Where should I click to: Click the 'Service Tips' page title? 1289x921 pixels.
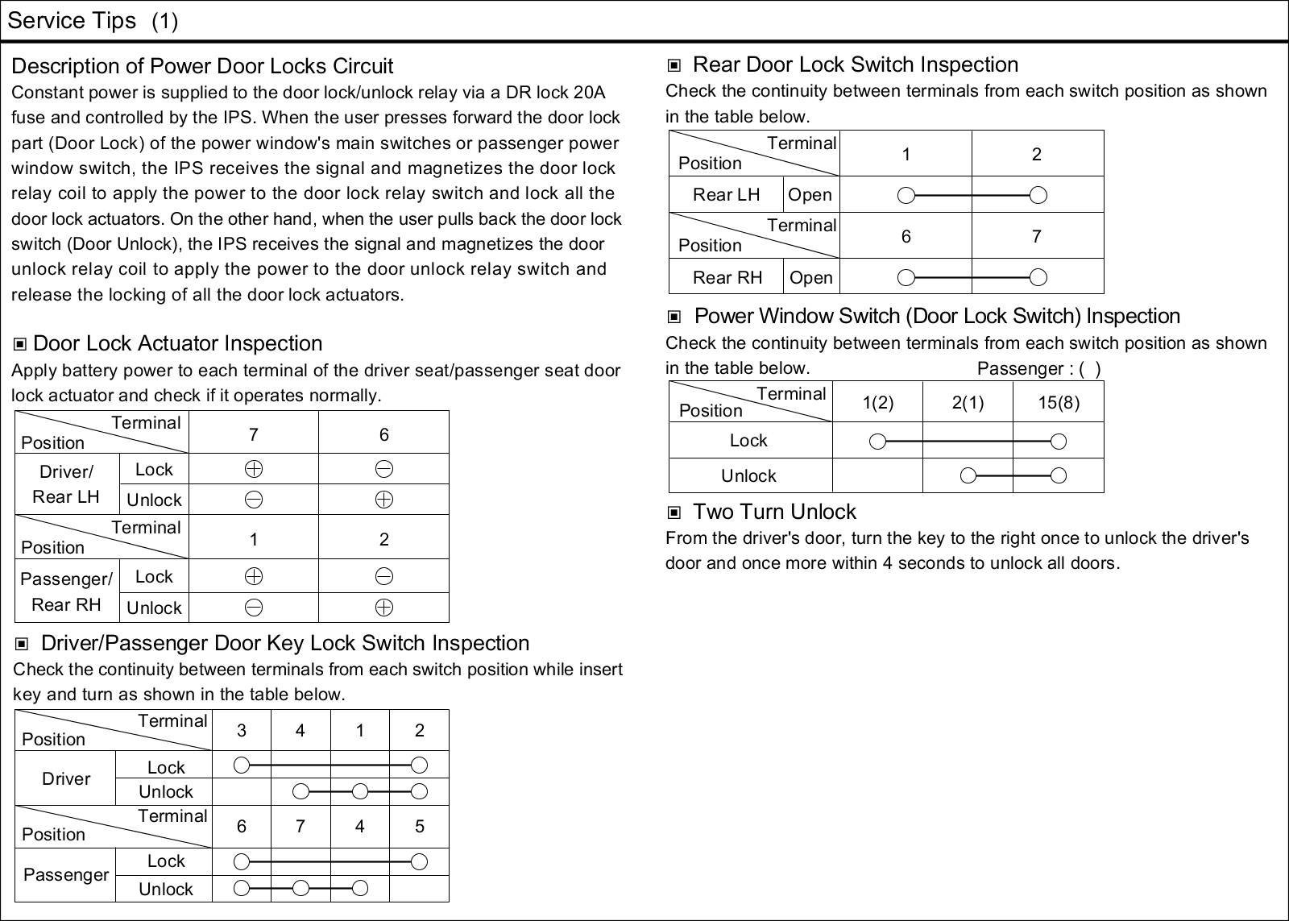coord(72,21)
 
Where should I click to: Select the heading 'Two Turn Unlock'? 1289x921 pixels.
coord(774,512)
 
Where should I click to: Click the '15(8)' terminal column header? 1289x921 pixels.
coord(1059,402)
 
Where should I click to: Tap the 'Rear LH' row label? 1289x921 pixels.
coord(726,195)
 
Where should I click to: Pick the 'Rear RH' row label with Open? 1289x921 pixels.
coord(727,278)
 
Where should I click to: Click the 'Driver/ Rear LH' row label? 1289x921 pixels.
coord(66,484)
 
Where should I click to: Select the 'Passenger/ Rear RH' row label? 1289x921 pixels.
coord(66,591)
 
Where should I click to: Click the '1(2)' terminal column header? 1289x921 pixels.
coord(877,402)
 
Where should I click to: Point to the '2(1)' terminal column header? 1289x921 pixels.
coord(968,402)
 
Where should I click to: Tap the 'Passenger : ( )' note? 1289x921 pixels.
coord(1038,369)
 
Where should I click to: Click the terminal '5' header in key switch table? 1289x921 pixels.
coord(419,827)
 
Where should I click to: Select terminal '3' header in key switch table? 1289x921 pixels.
coord(241,731)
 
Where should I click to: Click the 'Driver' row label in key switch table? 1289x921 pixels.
coord(66,778)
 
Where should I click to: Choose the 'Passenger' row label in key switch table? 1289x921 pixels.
coord(66,875)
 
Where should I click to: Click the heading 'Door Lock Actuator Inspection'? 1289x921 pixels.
coord(177,344)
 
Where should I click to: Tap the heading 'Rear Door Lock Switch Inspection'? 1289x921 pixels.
coord(855,65)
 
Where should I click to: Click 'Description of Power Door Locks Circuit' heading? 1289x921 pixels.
coord(202,66)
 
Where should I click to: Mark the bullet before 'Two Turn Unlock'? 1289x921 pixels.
coord(674,512)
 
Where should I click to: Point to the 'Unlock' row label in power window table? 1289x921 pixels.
coord(748,476)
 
